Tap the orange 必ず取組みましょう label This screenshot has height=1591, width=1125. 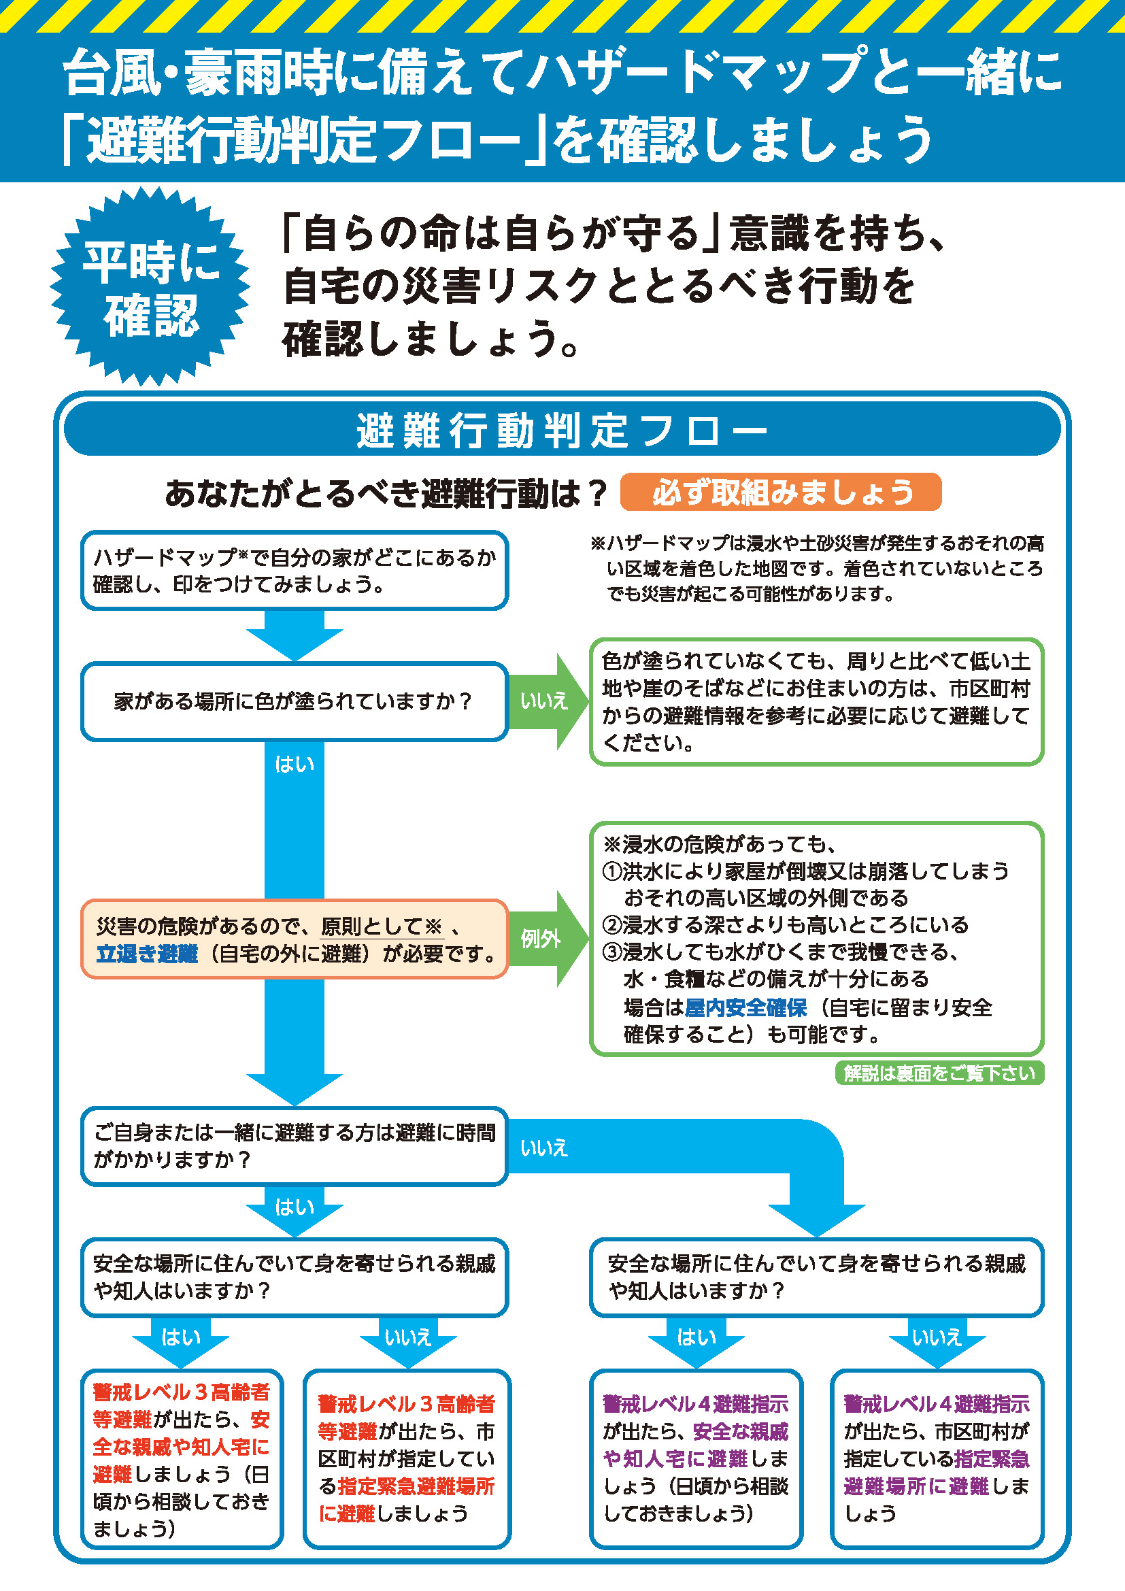[x=781, y=492]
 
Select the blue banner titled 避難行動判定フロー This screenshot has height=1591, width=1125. [x=562, y=430]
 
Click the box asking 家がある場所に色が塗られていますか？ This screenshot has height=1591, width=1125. [x=294, y=701]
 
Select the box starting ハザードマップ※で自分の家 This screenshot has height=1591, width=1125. [x=294, y=570]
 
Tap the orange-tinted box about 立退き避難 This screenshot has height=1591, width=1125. [x=294, y=939]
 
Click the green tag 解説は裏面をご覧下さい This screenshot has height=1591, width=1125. [x=939, y=1073]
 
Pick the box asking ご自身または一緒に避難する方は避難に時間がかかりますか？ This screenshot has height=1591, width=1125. [x=294, y=1145]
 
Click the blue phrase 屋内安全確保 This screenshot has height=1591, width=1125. [x=745, y=1007]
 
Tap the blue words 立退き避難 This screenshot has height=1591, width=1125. [x=147, y=954]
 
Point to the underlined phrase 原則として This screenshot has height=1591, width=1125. [x=371, y=926]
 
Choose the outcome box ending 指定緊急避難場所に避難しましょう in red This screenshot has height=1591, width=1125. [x=407, y=1458]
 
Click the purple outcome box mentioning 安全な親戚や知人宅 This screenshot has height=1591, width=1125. [x=696, y=1458]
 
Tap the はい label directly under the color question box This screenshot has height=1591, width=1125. [x=295, y=764]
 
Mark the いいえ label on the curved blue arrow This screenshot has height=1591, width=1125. [x=544, y=1148]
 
